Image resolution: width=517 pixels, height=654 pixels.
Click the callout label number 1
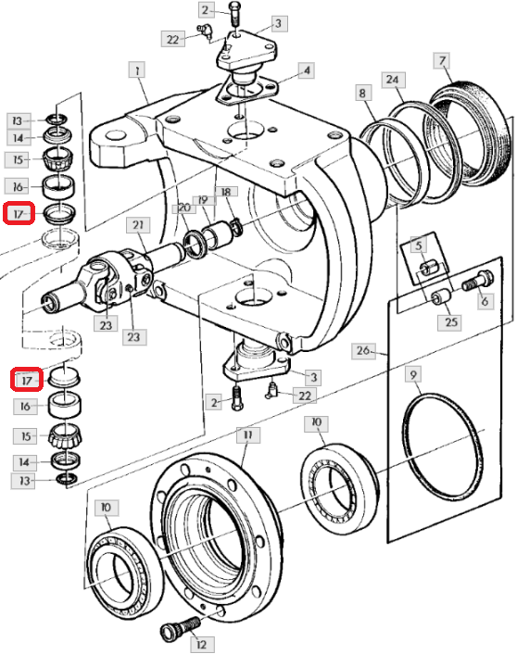137,70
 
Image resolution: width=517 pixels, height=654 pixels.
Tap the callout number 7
443,61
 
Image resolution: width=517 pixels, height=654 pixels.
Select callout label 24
393,80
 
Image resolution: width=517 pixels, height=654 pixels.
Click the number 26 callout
362,350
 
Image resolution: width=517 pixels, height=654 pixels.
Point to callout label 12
202,645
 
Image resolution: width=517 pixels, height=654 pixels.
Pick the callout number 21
138,225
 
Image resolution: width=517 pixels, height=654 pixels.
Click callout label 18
226,192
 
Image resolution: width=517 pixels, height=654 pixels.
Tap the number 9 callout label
413,374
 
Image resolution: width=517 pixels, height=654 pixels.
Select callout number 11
248,435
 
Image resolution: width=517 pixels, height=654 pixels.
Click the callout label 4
307,70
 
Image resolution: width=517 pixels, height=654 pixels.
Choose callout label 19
204,200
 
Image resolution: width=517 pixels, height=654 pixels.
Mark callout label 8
362,93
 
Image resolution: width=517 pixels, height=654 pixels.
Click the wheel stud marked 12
181,629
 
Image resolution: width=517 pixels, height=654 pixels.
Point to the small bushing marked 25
440,297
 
